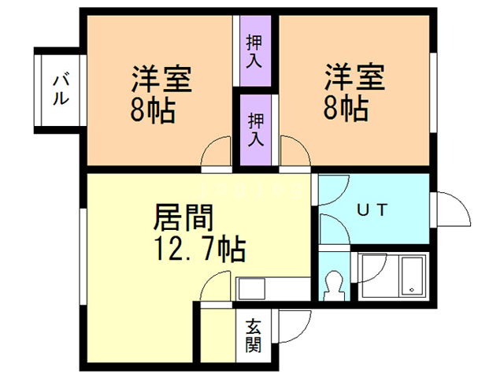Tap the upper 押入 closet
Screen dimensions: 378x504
[x=254, y=50]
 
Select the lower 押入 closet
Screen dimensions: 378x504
[x=257, y=130]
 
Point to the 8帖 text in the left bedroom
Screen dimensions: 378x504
[x=153, y=109]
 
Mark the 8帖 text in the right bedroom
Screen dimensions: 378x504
[x=346, y=109]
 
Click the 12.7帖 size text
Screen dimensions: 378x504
[x=197, y=250]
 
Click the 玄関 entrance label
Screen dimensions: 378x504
[x=254, y=335]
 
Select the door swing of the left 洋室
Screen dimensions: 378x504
[x=217, y=154]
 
